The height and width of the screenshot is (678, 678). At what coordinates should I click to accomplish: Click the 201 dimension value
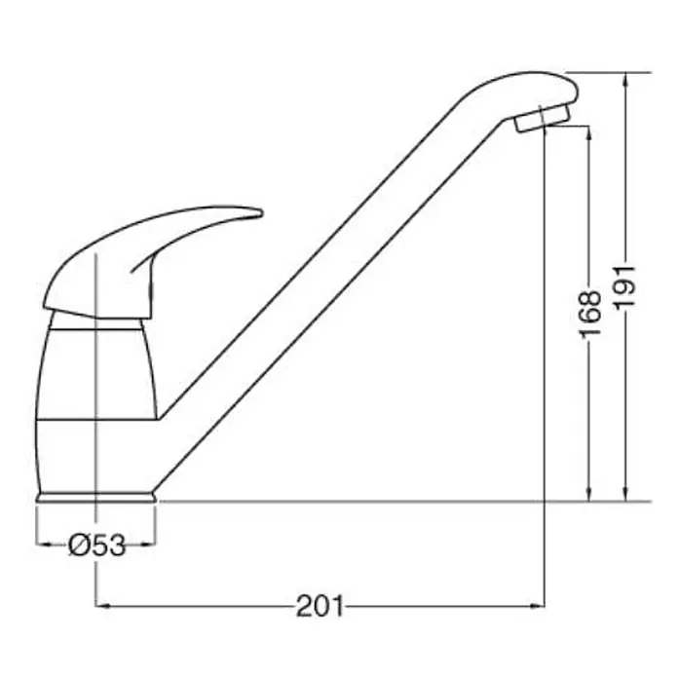tap(320, 606)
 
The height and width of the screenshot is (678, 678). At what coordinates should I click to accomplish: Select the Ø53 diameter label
tap(96, 545)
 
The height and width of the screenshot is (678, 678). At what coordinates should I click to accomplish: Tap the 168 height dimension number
tap(589, 313)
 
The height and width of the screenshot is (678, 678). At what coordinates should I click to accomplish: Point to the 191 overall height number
tap(626, 286)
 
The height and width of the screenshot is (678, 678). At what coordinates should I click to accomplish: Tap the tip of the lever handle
tap(261, 212)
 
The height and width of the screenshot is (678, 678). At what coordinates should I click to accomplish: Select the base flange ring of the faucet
tap(96, 497)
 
